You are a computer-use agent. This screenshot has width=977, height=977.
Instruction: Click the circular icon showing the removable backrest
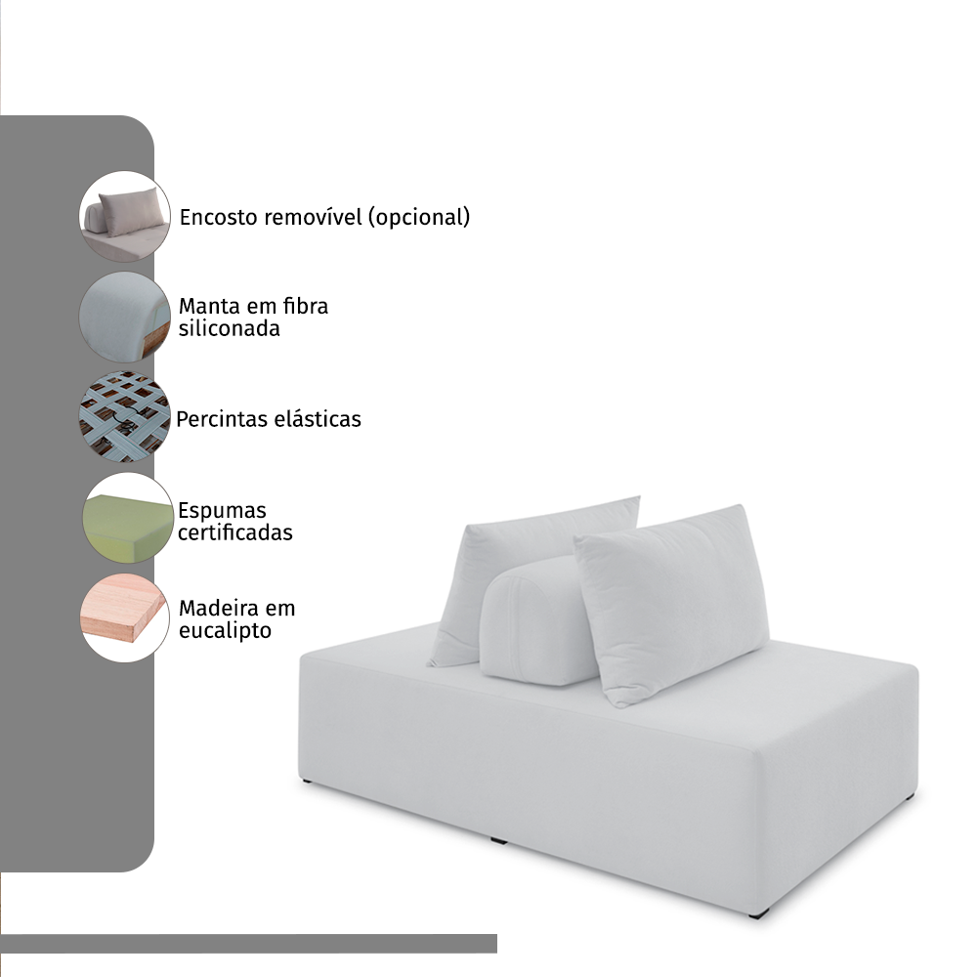[125, 216]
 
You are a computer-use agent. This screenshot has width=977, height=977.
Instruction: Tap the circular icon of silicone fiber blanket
[125, 317]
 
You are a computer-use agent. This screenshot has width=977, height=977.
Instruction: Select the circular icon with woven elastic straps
[125, 417]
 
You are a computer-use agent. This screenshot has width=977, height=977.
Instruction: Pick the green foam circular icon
[128, 518]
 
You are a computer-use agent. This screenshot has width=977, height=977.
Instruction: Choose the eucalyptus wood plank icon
[125, 617]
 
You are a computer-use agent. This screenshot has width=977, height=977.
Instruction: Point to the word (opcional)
[419, 218]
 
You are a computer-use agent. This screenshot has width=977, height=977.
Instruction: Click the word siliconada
[230, 328]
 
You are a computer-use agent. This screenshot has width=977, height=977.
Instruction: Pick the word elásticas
[318, 419]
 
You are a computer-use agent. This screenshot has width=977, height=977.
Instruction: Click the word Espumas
[222, 511]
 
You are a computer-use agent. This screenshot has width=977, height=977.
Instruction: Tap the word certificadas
[234, 532]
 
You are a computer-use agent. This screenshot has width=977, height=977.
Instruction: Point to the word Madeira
[218, 608]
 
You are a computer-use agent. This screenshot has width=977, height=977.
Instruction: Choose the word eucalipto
[225, 630]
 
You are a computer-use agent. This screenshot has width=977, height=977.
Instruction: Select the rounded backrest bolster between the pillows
[535, 623]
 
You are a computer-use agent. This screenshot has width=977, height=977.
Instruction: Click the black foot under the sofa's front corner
[758, 913]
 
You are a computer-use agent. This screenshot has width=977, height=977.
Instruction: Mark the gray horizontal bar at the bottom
[248, 944]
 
